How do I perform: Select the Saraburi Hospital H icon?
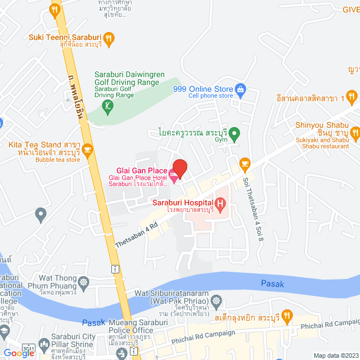(x=220, y=202)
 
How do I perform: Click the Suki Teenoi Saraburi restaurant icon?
(x=109, y=38)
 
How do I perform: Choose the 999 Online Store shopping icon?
(x=240, y=89)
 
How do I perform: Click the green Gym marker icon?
(x=236, y=134)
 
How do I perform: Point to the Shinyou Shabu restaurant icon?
(x=354, y=133)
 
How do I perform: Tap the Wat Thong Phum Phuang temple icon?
(x=84, y=282)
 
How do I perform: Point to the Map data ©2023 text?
(x=335, y=355)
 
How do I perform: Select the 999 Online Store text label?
(x=210, y=89)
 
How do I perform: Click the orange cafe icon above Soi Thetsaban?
(x=244, y=163)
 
